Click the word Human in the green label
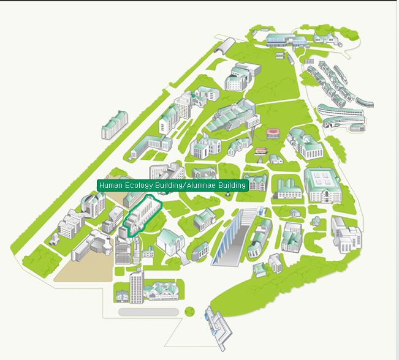pos(110,186)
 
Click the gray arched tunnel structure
pos(226,45)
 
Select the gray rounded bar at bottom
pos(148,312)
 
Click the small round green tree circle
pos(189,312)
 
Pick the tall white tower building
pos(136,285)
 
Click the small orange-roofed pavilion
pos(261,151)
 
